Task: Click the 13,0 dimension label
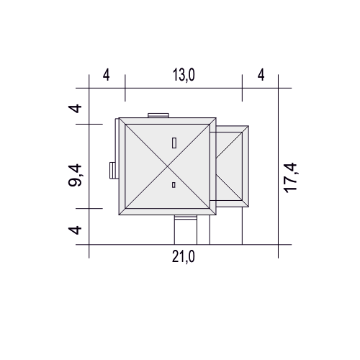(184, 75)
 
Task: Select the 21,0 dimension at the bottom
(184, 257)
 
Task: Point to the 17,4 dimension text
(290, 178)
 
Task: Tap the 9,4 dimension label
(75, 176)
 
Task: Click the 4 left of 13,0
(107, 75)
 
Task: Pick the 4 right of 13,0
(261, 75)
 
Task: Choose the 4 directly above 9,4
(75, 109)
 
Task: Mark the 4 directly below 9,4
(75, 230)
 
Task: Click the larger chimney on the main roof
(174, 143)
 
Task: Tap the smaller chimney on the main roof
(174, 185)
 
